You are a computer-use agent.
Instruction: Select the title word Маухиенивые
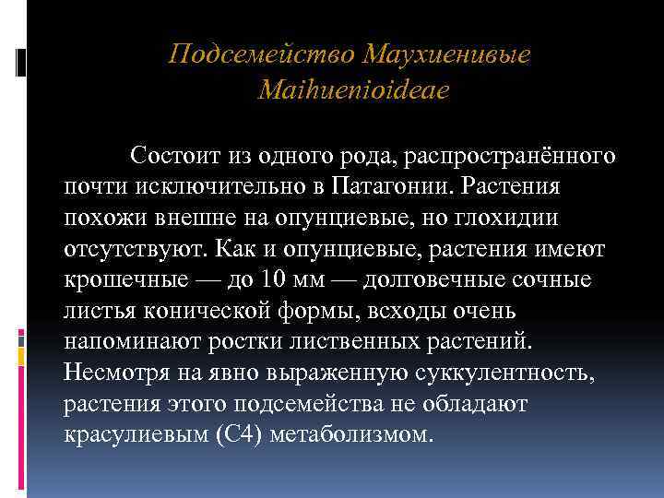point(448,54)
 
